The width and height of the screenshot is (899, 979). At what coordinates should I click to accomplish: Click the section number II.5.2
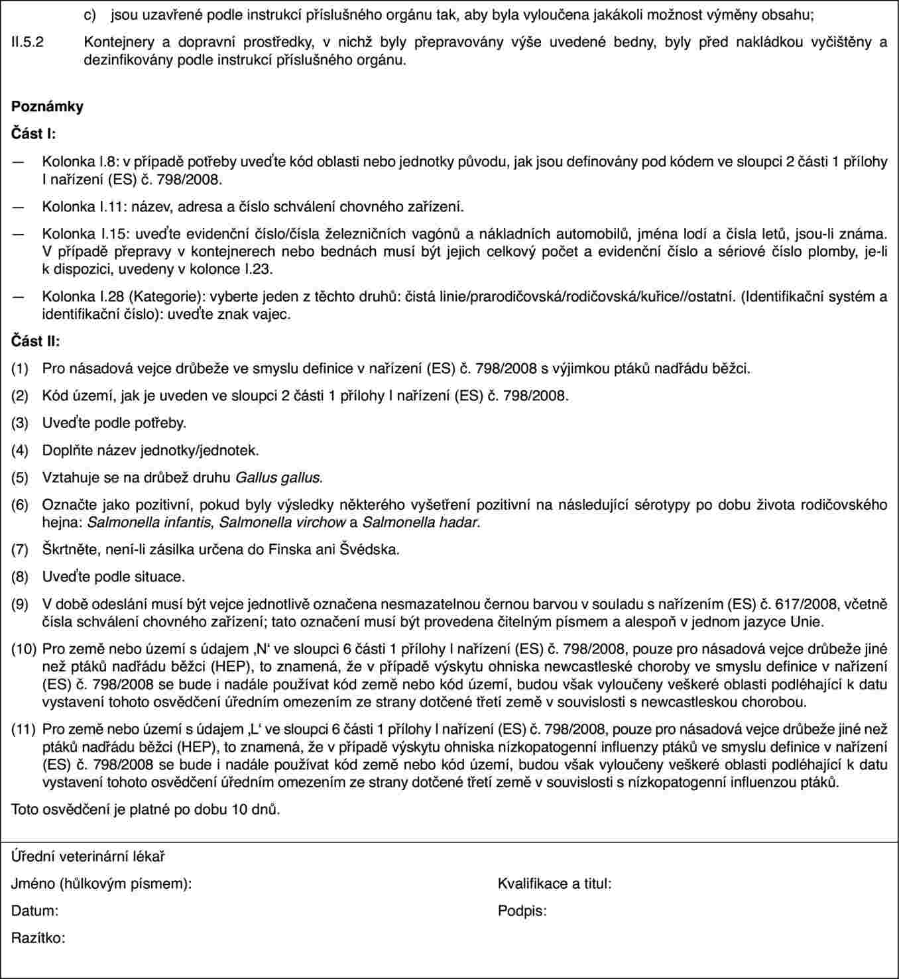tap(28, 42)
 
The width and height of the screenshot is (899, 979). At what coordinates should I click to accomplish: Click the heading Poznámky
tap(47, 106)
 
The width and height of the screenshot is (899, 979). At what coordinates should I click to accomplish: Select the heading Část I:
tap(34, 133)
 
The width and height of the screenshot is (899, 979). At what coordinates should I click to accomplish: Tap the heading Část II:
tap(36, 341)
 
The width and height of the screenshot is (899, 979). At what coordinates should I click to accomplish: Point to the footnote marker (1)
tap(20, 369)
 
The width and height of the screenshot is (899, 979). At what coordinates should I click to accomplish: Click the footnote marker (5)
tap(20, 477)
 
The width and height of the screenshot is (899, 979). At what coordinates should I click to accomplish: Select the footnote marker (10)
tap(23, 650)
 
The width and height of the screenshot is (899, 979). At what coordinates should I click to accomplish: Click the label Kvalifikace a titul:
tap(554, 884)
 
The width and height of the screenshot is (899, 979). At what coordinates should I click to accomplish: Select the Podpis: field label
tap(522, 911)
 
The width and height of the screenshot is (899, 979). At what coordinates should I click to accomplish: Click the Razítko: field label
tap(38, 938)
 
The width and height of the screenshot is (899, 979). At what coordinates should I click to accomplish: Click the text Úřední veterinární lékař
tap(88, 856)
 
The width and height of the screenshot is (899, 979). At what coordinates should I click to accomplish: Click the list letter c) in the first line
tap(97, 13)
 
